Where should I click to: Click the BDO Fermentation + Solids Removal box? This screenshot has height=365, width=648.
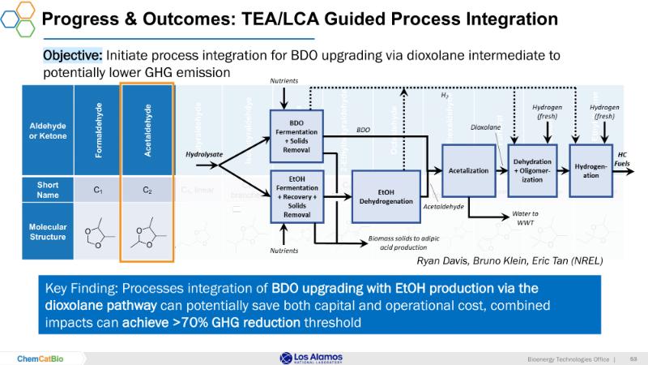(x=290, y=134)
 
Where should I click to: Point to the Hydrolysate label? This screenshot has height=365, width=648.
(x=203, y=152)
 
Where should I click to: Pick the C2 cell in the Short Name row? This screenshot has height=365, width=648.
(x=147, y=191)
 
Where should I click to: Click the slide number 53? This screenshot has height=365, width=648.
(x=634, y=358)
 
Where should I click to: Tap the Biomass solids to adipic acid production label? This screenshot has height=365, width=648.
(x=410, y=243)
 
